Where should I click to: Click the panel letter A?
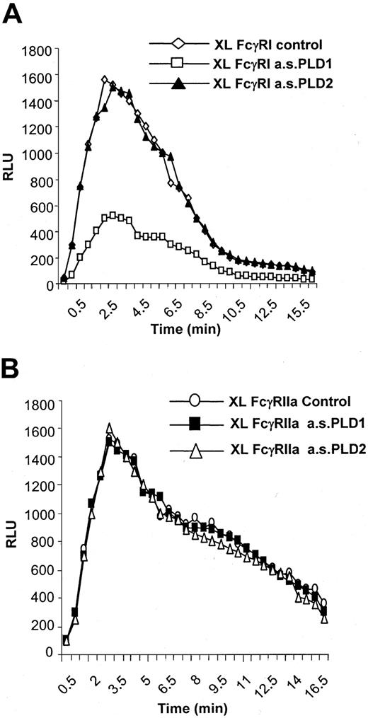13,12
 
